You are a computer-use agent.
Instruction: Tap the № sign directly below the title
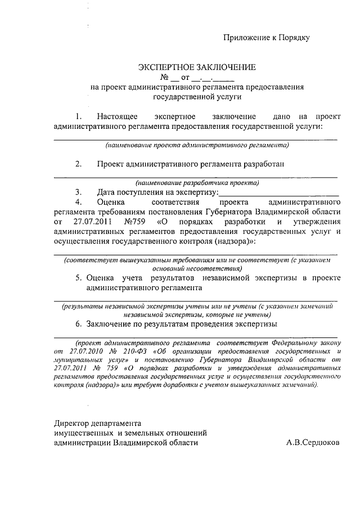(165, 77)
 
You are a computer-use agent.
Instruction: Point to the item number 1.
(79, 116)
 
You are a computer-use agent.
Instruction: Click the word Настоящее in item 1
(117, 116)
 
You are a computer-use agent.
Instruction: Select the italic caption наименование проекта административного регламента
(197, 145)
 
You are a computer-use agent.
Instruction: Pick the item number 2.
(79, 164)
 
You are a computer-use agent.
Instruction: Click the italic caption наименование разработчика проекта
(197, 182)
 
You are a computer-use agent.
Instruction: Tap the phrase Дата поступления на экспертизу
(157, 192)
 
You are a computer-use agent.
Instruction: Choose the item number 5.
(79, 278)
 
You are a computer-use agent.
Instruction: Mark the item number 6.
(79, 325)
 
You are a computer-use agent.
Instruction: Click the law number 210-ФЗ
(132, 350)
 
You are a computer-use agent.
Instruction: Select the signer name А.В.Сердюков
(313, 442)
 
